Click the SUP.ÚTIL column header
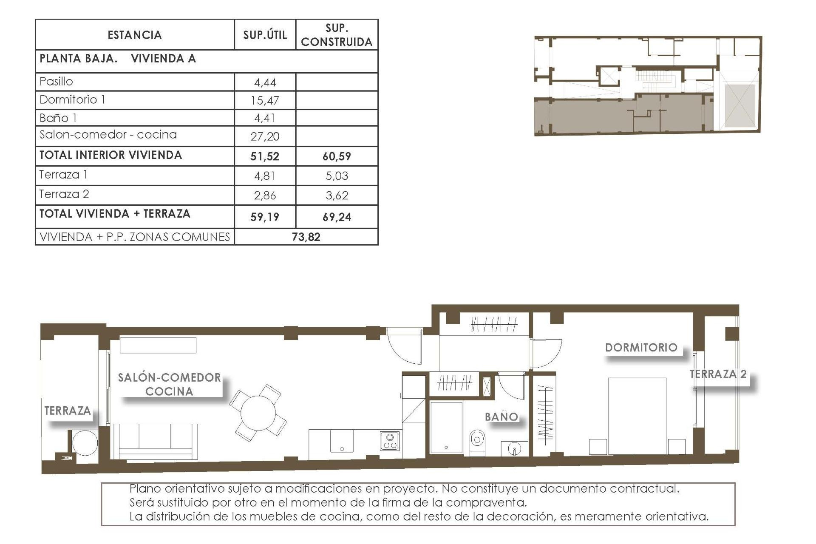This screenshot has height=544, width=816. [265, 35]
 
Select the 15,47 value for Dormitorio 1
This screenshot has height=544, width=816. [265, 101]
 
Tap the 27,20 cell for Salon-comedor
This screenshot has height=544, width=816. [265, 136]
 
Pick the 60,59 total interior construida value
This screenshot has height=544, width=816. [337, 156]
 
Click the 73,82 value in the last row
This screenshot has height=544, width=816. [306, 237]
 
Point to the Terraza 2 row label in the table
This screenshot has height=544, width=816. [64, 195]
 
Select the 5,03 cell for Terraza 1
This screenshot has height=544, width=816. [337, 176]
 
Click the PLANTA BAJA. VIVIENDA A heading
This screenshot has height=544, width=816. [118, 59]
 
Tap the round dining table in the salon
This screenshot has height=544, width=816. [258, 413]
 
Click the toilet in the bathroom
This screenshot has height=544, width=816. [477, 442]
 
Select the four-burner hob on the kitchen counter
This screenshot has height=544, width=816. [390, 441]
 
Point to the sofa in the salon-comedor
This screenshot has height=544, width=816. [156, 441]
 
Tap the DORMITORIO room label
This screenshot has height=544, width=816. [641, 348]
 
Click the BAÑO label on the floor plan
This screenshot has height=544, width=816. [501, 417]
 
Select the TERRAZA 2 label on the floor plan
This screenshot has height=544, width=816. [718, 374]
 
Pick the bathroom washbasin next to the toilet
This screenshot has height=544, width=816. [515, 449]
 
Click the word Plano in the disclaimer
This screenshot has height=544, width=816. [145, 489]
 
